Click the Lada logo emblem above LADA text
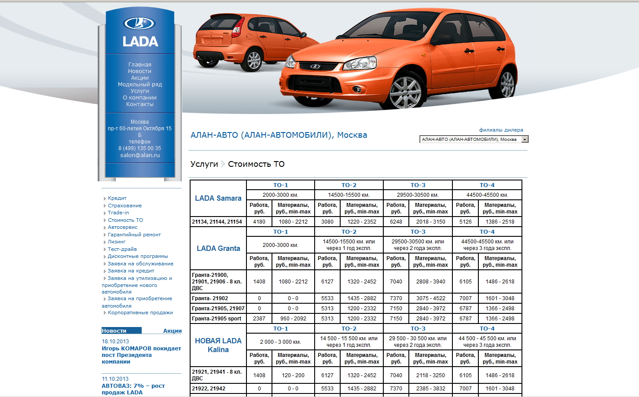140,23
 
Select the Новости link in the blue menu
140,71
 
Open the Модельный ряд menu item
140,85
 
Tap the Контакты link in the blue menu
140,104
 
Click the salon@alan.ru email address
140,155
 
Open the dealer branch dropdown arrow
525,140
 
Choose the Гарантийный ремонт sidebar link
134,235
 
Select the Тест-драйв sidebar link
122,249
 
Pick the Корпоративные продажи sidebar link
140,312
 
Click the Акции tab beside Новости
172,331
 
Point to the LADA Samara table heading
218,198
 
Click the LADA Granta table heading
218,248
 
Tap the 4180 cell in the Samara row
259,222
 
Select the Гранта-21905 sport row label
217,319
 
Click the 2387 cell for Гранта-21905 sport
259,319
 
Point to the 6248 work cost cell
396,222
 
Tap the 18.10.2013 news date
115,342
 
